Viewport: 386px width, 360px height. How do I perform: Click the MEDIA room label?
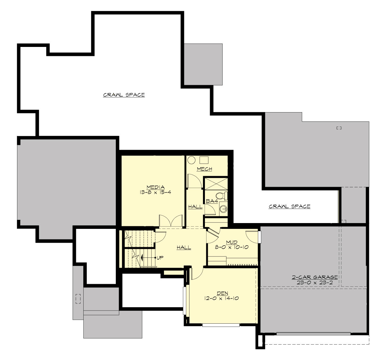[155, 187]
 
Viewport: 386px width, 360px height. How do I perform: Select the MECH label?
[204, 169]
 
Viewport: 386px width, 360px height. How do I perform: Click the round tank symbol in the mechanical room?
[192, 160]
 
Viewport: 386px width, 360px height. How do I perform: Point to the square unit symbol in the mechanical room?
[204, 160]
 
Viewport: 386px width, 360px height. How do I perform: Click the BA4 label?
[212, 201]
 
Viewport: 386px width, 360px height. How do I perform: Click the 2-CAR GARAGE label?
[315, 277]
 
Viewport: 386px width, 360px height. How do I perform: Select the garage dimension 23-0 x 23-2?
[315, 282]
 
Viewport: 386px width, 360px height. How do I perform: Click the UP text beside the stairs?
[160, 257]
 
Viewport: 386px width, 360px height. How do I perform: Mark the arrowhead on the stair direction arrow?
[142, 257]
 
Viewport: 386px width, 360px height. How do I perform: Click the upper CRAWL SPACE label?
[124, 95]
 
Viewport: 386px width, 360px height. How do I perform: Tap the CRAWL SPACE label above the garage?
[289, 206]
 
